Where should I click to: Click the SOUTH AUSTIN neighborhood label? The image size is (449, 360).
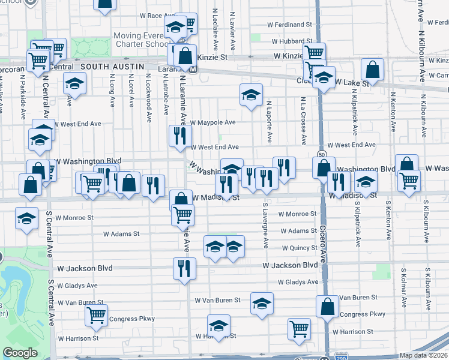pyautogui.click(x=112, y=66)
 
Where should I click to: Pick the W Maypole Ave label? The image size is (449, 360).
pyautogui.click(x=213, y=122)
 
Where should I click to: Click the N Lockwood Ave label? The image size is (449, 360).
pyautogui.click(x=148, y=97)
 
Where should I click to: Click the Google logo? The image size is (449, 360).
pyautogui.click(x=20, y=353)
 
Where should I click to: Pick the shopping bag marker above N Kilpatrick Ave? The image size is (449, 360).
pyautogui.click(x=373, y=70)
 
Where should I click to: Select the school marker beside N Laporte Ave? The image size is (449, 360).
pyautogui.click(x=252, y=94)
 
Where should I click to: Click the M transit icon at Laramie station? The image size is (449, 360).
pyautogui.click(x=193, y=69)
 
